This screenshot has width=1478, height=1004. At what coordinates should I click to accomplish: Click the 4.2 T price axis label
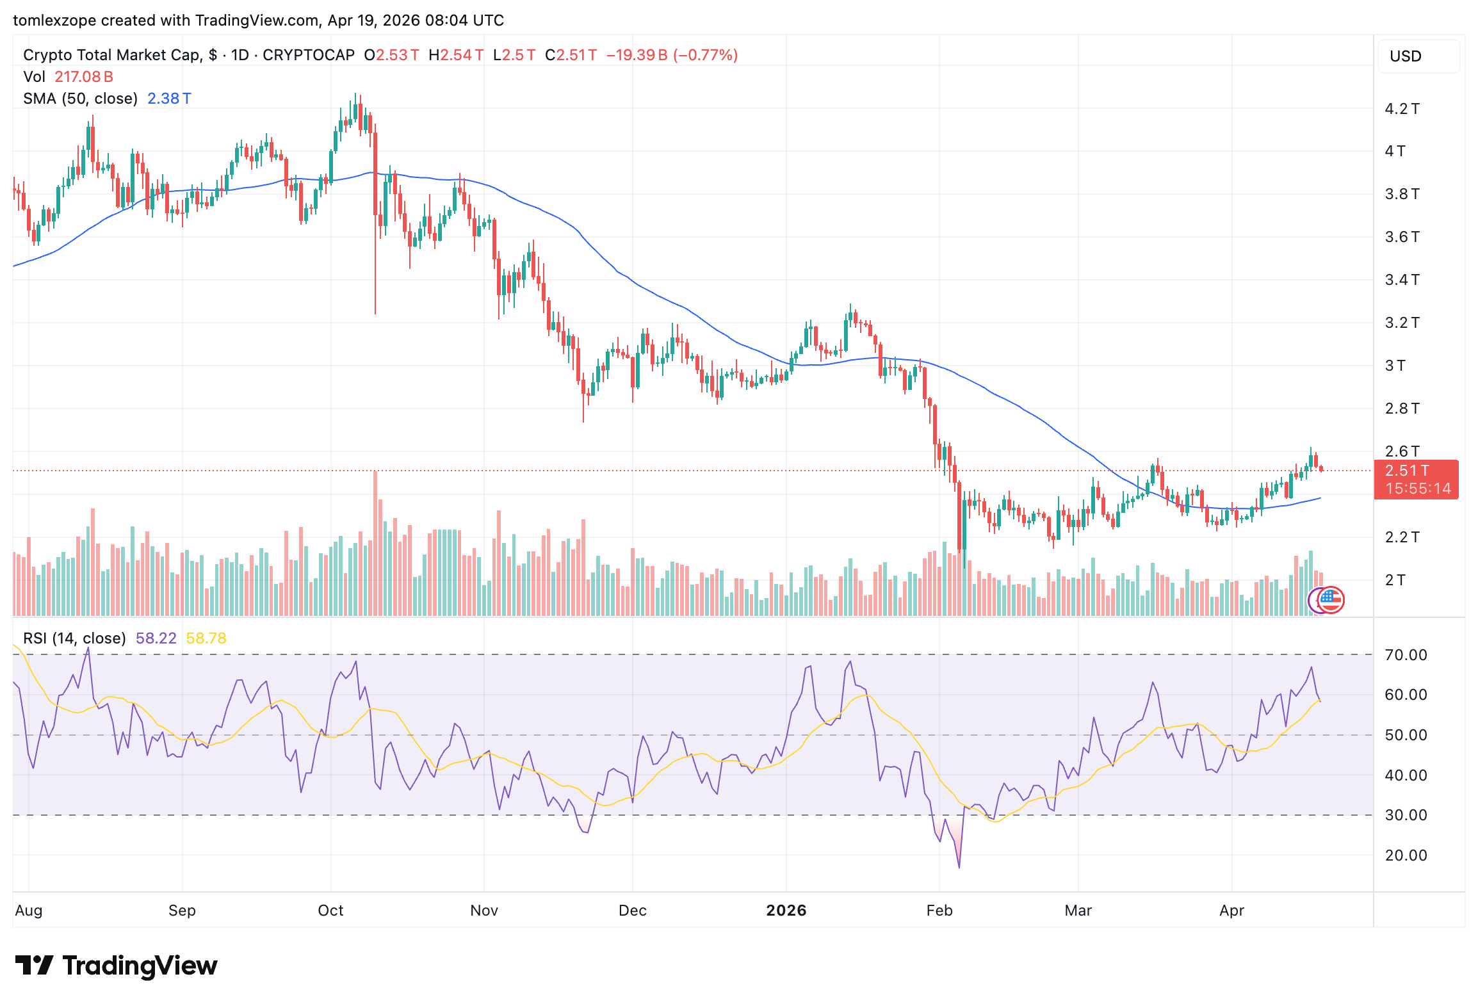[x=1401, y=109]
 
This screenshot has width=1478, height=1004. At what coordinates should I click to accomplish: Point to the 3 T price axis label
[x=1395, y=366]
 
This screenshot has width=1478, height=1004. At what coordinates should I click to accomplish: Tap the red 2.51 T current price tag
[x=1406, y=471]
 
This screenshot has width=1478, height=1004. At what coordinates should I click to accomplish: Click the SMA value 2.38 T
[x=169, y=99]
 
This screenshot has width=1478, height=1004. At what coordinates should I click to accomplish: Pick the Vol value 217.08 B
[x=84, y=77]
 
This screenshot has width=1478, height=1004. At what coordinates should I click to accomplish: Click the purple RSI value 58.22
[x=156, y=638]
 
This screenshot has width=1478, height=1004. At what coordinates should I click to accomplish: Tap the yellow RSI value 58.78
[x=206, y=638]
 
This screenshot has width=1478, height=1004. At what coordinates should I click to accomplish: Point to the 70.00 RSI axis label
[x=1405, y=655]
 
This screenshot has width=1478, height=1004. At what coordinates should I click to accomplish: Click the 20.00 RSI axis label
[x=1405, y=855]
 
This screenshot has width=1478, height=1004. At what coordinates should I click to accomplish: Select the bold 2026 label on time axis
[x=786, y=911]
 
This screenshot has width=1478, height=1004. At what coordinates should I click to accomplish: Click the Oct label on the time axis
[x=330, y=911]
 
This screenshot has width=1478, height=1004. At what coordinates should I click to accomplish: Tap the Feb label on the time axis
[x=939, y=911]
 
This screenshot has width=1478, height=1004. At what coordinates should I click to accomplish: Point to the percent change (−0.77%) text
[x=704, y=55]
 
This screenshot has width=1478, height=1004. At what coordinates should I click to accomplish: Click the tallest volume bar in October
[x=375, y=544]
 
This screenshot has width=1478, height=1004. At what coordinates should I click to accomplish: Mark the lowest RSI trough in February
[x=959, y=867]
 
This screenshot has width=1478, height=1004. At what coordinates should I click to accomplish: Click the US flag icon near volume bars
[x=1331, y=600]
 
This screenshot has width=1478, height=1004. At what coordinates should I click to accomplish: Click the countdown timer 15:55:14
[x=1418, y=489]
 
